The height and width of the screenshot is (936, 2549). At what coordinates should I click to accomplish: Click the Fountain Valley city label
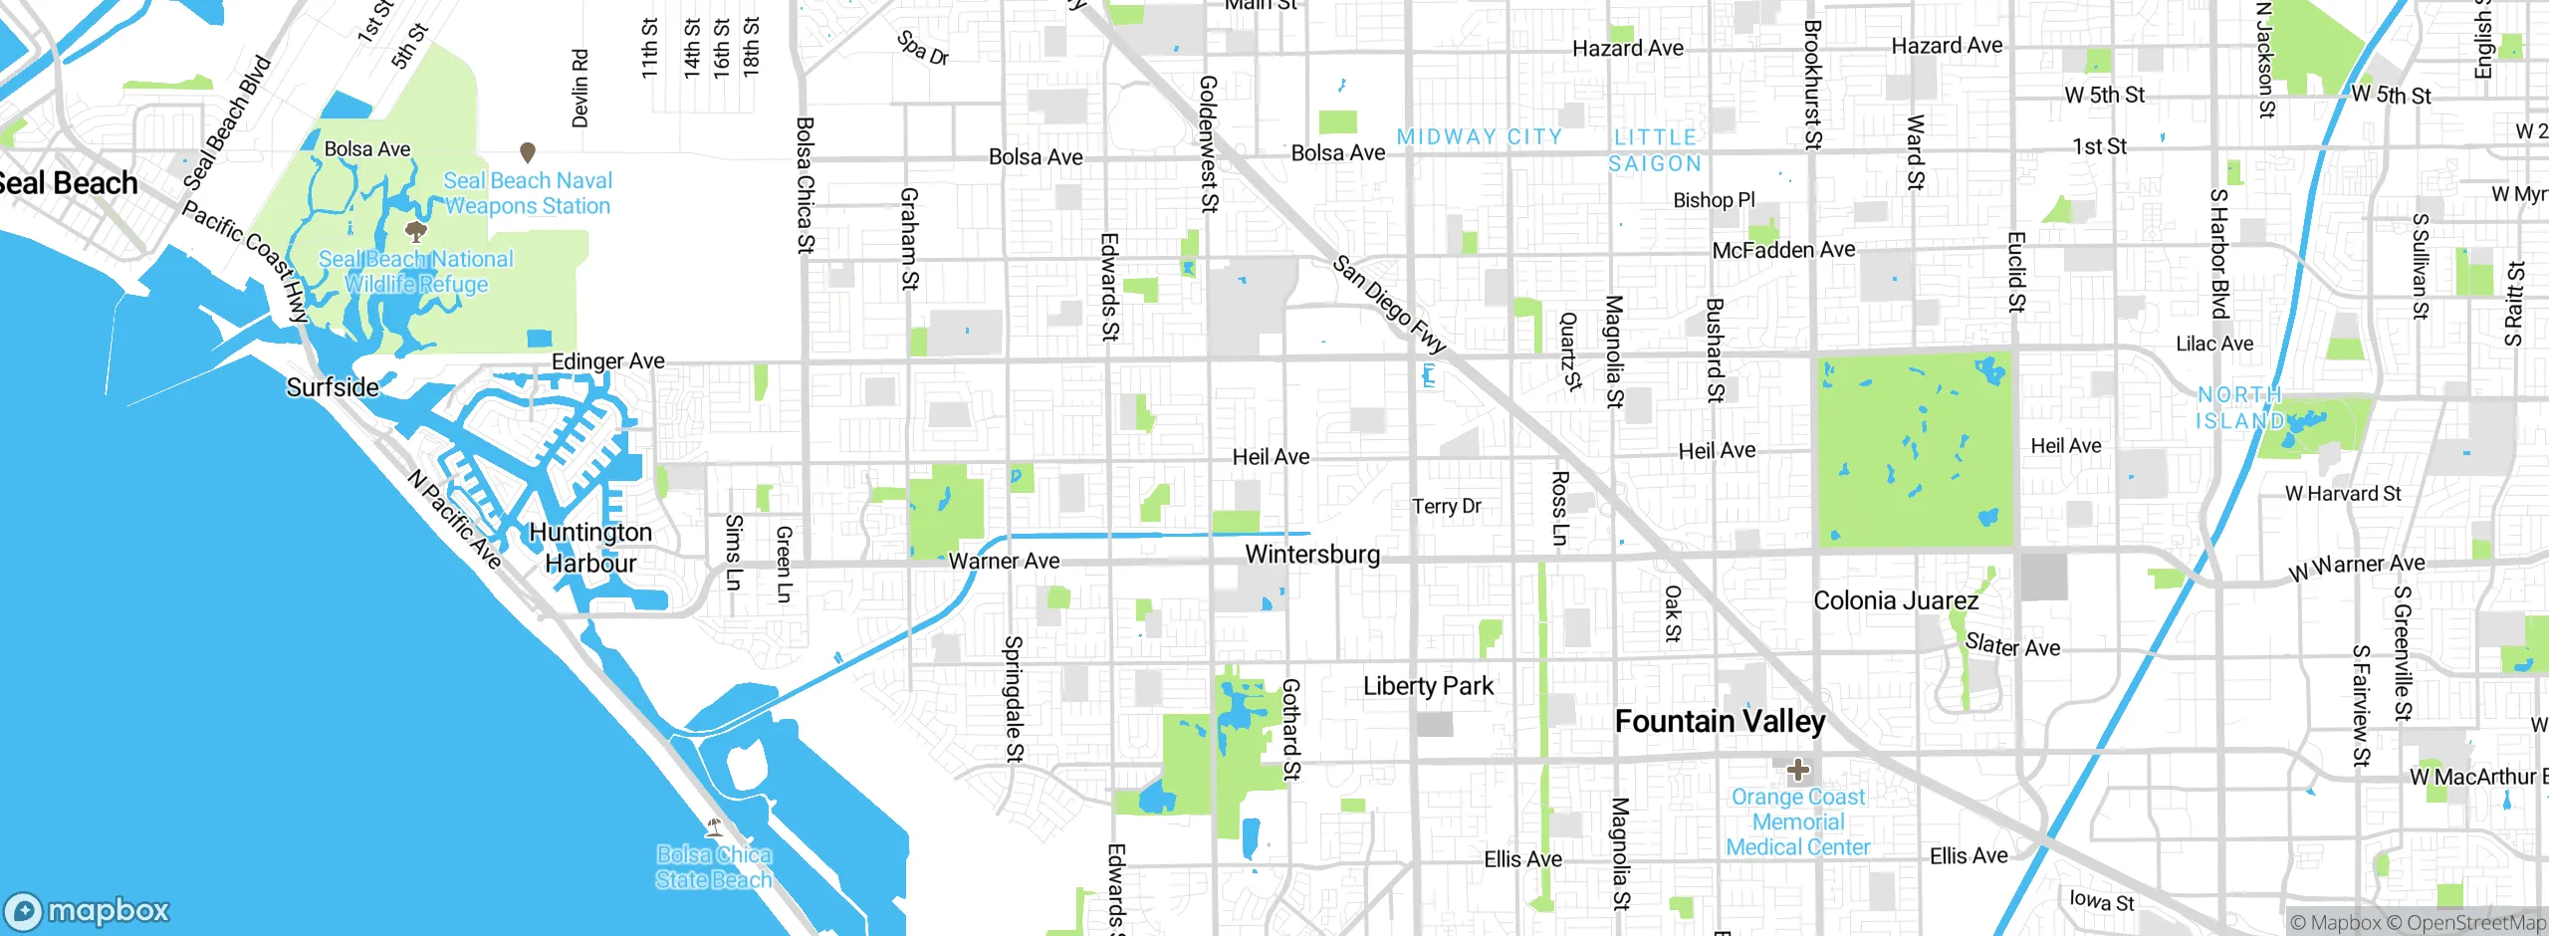(x=1720, y=721)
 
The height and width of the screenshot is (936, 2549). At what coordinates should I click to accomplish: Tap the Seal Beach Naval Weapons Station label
(x=528, y=193)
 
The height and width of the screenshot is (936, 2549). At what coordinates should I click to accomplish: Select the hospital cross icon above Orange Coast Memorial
(x=1798, y=769)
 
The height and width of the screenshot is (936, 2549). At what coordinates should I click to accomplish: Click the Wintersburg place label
(x=1312, y=555)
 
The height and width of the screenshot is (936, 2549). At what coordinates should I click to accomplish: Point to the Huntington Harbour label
(x=590, y=548)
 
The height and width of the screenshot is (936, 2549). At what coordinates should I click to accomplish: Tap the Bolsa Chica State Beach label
(x=713, y=867)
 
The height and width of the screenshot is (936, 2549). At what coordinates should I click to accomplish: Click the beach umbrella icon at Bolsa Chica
(x=713, y=826)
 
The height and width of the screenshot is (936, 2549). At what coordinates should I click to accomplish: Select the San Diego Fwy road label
(x=1389, y=305)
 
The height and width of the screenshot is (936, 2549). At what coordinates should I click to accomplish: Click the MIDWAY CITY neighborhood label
(x=1479, y=136)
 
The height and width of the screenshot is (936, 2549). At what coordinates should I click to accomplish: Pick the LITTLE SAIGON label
(x=1655, y=150)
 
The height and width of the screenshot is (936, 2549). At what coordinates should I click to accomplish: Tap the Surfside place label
(x=333, y=387)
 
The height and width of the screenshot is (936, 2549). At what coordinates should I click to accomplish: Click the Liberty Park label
(x=1428, y=686)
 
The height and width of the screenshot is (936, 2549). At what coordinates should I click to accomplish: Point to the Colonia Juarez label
(x=1896, y=600)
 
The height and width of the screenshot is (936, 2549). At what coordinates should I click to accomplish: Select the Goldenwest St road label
(x=1208, y=144)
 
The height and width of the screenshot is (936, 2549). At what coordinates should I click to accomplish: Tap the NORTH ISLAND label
(x=2239, y=408)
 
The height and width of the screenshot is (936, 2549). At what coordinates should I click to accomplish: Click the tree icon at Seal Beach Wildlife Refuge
(x=416, y=232)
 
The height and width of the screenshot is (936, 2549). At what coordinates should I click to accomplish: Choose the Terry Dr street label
(x=1447, y=507)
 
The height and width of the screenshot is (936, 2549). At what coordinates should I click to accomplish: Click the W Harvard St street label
(x=2343, y=494)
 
